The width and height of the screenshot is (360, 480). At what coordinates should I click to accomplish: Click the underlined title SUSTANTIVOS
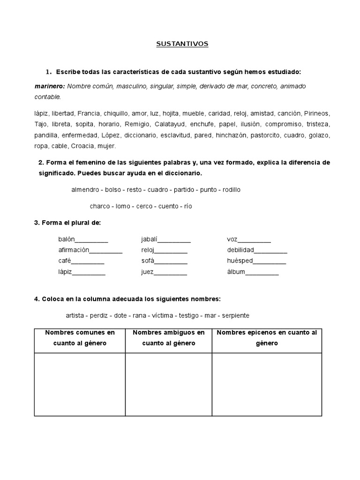click(182, 44)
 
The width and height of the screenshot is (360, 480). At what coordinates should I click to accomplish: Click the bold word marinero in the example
click(50, 86)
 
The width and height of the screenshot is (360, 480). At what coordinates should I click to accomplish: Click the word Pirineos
click(317, 113)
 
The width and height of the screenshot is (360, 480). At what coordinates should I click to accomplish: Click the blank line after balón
click(92, 240)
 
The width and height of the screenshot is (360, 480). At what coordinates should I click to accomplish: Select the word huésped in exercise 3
click(240, 261)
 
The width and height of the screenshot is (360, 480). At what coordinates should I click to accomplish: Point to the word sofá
click(148, 261)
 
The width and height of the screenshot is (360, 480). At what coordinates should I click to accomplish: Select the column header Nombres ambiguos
click(169, 337)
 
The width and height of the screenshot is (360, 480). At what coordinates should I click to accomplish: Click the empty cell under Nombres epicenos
click(267, 384)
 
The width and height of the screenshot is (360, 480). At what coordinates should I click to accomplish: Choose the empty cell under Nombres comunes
click(80, 384)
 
